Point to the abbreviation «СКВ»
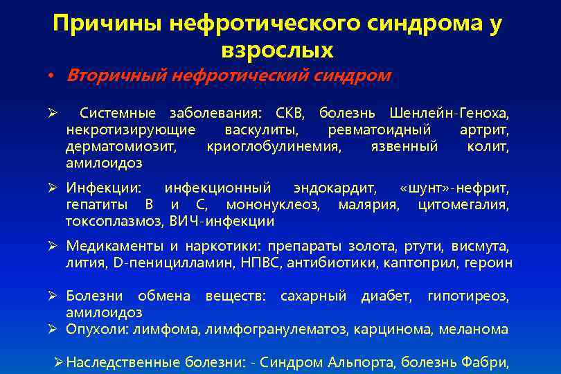pyautogui.click(x=289, y=114)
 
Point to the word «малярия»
pyautogui.click(x=368, y=205)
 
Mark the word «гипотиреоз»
pyautogui.click(x=468, y=296)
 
